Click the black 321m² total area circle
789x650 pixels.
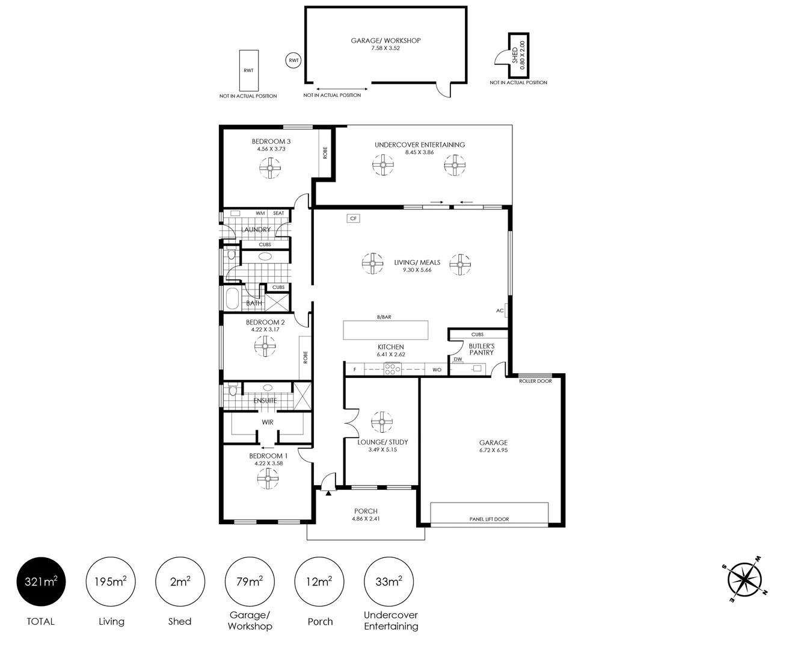tap(41, 581)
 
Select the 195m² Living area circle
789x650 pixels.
tap(111, 581)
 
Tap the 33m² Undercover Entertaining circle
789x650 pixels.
tap(389, 581)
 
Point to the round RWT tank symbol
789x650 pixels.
tap(293, 60)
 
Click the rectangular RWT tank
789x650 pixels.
tap(248, 70)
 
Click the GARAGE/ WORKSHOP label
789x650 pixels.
tap(385, 41)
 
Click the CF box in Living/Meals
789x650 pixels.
tap(353, 218)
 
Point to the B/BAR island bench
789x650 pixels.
tap(385, 330)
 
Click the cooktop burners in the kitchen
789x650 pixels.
tap(392, 370)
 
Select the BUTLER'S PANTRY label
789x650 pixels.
tap(481, 349)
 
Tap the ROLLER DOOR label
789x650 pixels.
tap(535, 381)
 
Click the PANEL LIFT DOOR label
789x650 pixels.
tap(489, 519)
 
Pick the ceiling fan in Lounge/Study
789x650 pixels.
tap(381, 422)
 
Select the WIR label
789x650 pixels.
tap(268, 422)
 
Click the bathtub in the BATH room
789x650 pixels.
tap(232, 298)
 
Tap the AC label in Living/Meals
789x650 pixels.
tap(500, 311)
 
